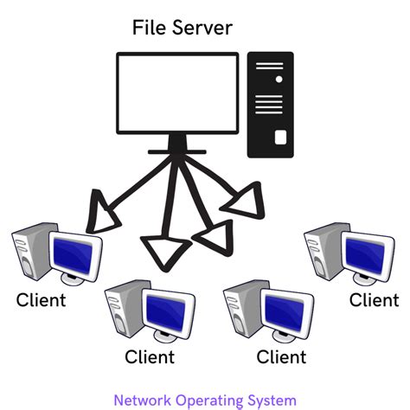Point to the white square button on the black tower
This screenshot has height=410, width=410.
click(279, 137)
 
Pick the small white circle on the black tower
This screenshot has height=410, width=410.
click(279, 80)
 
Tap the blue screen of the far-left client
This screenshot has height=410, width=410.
click(74, 253)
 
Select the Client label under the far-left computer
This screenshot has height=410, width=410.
click(41, 301)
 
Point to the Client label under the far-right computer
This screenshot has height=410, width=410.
click(374, 300)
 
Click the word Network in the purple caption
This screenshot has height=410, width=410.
click(143, 400)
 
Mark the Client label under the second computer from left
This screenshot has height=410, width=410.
click(150, 356)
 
